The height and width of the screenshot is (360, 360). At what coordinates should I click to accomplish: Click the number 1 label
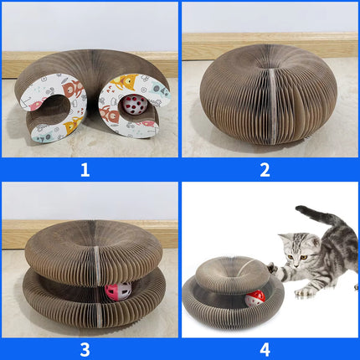(85, 170)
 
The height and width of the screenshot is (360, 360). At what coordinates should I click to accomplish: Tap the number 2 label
(265, 170)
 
